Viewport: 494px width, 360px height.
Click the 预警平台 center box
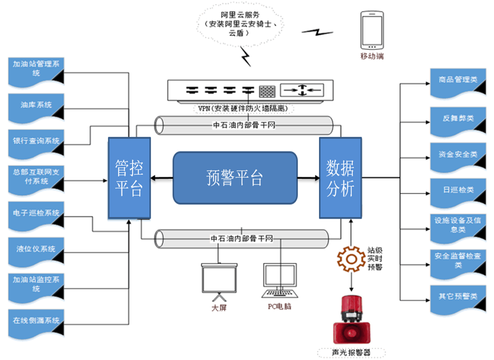[235, 177]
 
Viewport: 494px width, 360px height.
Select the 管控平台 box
[129, 177]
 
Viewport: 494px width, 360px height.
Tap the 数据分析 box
[340, 177]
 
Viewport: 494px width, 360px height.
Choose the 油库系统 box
[35, 106]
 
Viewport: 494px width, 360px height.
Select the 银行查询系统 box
[35, 143]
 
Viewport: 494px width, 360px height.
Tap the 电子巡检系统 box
[35, 214]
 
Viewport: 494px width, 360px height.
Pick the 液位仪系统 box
[35, 249]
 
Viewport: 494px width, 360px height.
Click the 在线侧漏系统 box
[35, 321]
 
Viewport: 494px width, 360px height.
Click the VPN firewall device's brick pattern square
[267, 91]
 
